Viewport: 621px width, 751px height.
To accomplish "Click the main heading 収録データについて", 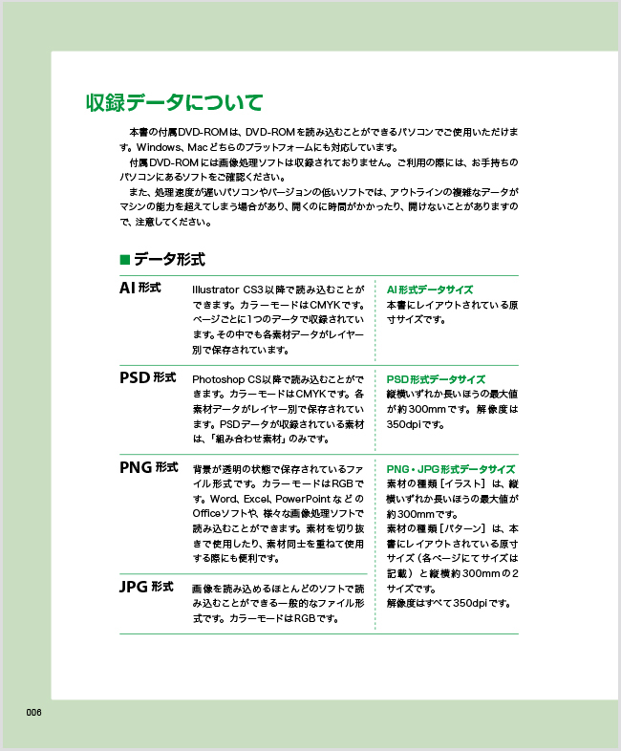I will [x=173, y=101].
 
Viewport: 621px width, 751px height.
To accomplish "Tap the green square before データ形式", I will [x=124, y=259].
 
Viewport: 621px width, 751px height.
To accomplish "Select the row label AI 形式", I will [x=139, y=288].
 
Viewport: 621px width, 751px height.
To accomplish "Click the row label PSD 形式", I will [x=147, y=377].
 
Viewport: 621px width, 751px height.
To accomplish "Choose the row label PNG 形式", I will [x=148, y=467].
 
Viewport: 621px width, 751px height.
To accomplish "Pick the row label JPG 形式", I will [x=145, y=586].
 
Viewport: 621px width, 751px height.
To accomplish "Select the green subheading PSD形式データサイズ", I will [x=435, y=379].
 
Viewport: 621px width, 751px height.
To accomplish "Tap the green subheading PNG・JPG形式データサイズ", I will [x=450, y=470].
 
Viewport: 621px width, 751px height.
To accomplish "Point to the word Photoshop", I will [x=219, y=379].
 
